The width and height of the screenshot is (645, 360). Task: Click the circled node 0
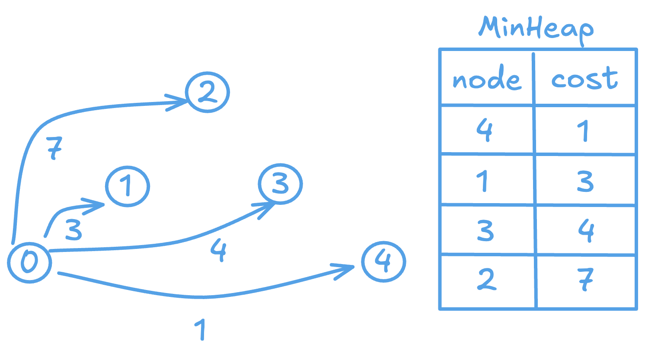click(29, 262)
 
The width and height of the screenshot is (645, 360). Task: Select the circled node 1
click(127, 187)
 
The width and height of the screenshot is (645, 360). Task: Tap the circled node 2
click(208, 91)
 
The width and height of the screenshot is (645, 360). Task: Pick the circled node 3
click(281, 184)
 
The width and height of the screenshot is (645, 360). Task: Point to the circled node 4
click(383, 261)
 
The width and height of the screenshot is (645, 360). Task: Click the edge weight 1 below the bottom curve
click(199, 330)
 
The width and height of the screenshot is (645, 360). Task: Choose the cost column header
click(584, 79)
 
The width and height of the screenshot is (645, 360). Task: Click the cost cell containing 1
click(584, 130)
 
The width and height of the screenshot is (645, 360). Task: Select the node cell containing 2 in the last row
click(486, 280)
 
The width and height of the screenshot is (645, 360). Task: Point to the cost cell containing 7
click(586, 280)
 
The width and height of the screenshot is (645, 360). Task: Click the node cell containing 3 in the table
click(486, 230)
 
